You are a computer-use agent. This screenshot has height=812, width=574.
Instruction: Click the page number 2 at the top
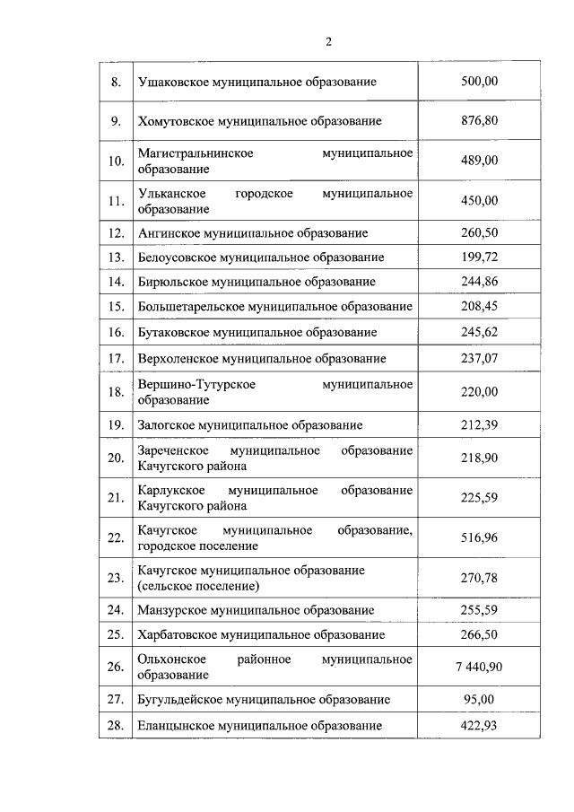click(x=328, y=41)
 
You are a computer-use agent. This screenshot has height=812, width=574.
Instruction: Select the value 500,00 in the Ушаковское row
click(x=478, y=82)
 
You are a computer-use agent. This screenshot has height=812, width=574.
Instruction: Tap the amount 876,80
click(x=478, y=121)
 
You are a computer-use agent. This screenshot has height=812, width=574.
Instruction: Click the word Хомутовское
click(x=173, y=121)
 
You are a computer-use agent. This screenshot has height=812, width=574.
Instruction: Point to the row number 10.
click(x=115, y=162)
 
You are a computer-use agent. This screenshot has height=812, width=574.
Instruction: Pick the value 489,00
click(x=478, y=161)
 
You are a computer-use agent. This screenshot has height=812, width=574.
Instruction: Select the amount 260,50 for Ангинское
click(x=478, y=232)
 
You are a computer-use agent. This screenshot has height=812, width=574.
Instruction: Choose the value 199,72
click(x=478, y=258)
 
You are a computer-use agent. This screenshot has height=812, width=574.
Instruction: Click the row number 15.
click(x=115, y=307)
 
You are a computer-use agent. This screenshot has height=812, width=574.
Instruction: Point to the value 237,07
click(x=478, y=358)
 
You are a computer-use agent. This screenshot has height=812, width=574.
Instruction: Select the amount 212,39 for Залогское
click(x=478, y=424)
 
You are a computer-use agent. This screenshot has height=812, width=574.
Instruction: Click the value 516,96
click(x=478, y=537)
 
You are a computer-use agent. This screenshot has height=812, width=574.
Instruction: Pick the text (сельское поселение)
click(x=198, y=586)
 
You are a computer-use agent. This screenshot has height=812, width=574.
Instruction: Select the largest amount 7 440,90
click(x=478, y=667)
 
